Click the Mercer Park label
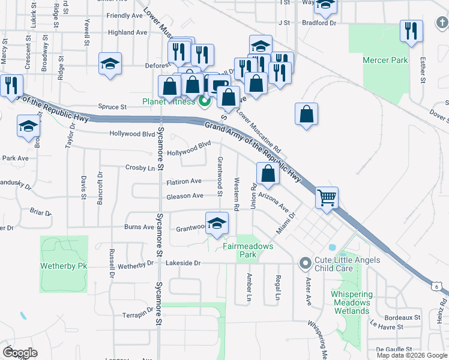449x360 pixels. click(x=385, y=60)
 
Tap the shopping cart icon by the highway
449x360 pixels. click(x=327, y=197)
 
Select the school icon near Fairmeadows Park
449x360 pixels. click(x=217, y=224)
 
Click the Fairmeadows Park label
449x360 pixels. click(x=248, y=250)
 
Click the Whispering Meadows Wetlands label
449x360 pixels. click(x=352, y=302)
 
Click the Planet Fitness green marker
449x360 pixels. click(x=204, y=101)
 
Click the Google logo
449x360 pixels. click(x=20, y=352)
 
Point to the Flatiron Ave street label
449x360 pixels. click(x=184, y=181)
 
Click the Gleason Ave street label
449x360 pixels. click(x=185, y=196)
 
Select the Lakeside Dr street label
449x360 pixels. click(x=183, y=263)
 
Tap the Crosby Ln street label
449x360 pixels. click(x=140, y=167)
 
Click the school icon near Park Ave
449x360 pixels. click(x=29, y=127)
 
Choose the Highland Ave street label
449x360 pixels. click(x=127, y=32)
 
